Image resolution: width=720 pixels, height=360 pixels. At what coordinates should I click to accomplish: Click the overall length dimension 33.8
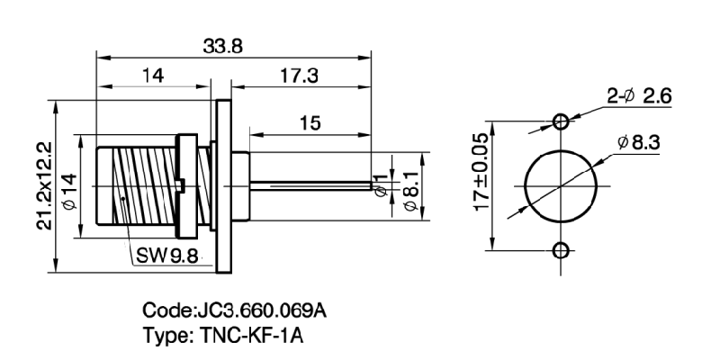click(224, 45)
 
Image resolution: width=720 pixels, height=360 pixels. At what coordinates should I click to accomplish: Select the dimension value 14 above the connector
click(152, 77)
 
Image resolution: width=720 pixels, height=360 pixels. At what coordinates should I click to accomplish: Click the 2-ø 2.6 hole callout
click(639, 96)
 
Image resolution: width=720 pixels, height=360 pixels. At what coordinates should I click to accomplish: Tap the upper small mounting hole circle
click(561, 120)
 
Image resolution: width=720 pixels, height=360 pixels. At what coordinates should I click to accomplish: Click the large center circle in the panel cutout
click(561, 184)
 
